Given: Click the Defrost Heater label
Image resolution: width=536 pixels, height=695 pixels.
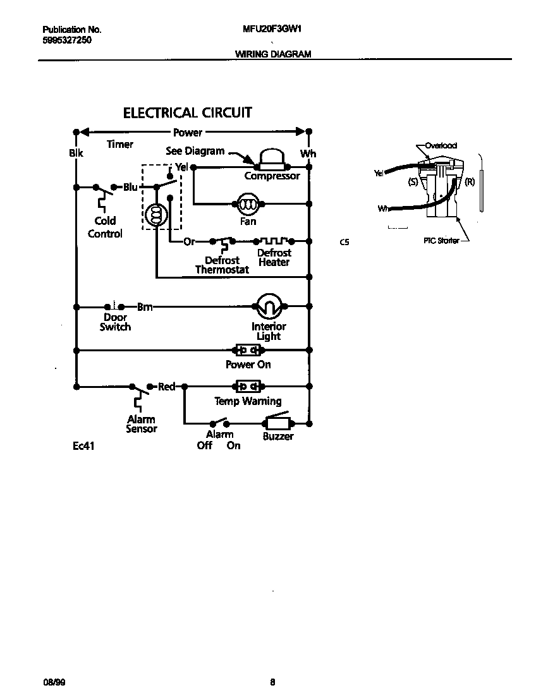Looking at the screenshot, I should click(274, 257).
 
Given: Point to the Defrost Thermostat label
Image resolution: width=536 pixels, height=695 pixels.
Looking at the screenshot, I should click(222, 265).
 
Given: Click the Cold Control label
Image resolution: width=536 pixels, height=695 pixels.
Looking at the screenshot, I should click(105, 227).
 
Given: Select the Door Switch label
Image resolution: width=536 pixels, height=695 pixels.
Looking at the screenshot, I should click(115, 322).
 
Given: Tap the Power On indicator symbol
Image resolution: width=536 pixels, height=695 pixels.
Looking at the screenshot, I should click(248, 350).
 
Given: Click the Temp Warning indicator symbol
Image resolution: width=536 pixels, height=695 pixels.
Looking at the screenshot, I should click(248, 386).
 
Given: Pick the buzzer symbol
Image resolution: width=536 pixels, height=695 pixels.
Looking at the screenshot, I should click(277, 423).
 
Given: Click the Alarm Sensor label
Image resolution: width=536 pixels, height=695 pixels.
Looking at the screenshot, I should click(141, 424).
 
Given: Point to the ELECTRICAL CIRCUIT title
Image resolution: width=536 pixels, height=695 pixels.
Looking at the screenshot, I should click(187, 113).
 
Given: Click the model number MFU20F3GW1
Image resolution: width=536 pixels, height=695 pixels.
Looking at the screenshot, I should click(271, 29).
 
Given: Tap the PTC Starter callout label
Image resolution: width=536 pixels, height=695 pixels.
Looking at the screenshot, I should click(441, 241).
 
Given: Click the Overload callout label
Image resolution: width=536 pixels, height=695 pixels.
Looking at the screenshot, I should click(441, 145).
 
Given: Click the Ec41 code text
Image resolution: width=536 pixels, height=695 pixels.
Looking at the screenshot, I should click(83, 446).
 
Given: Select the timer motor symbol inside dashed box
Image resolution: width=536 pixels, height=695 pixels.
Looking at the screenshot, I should click(155, 215).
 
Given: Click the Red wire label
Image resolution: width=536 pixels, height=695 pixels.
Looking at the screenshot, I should click(166, 387).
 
